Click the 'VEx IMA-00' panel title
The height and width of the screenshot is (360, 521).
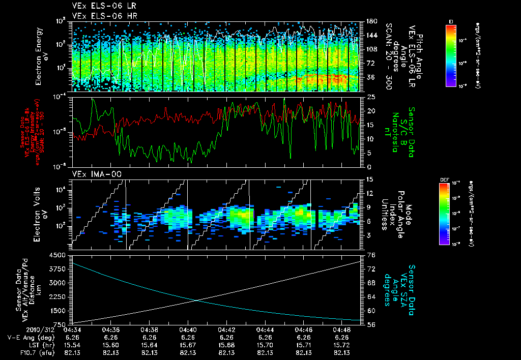92,174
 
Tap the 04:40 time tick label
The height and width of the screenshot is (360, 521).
188,329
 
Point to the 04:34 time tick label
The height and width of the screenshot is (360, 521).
72,329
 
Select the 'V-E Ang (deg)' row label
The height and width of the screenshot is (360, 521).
31,337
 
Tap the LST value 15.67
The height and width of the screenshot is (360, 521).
188,345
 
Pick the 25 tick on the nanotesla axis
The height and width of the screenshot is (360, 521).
371,97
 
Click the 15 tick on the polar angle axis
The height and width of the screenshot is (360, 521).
371,179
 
